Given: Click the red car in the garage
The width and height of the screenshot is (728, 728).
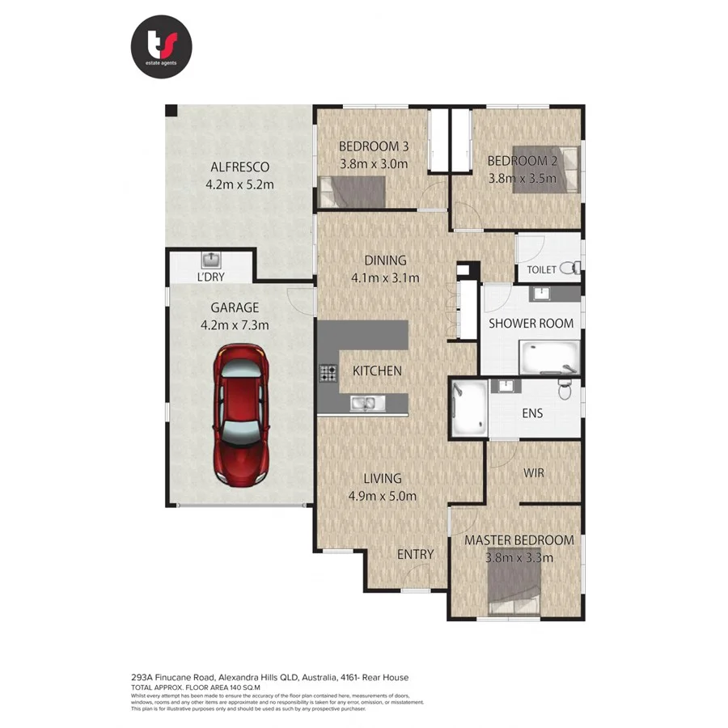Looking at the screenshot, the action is tap(240, 415).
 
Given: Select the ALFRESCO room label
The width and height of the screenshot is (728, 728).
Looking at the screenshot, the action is tap(239, 167).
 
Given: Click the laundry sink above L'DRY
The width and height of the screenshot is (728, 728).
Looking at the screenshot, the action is tap(212, 260).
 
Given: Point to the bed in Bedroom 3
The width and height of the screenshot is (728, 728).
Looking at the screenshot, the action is tap(353, 193).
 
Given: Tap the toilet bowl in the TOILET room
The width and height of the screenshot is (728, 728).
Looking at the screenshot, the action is tap(571, 267).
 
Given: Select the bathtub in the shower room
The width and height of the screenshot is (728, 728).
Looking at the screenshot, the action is tap(549, 357).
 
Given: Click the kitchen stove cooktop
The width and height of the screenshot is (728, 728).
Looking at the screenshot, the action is tap(328, 373).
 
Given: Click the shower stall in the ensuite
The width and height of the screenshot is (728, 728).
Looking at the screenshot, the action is tap(468, 408).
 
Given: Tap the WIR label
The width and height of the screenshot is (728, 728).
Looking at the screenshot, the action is tap(533, 472).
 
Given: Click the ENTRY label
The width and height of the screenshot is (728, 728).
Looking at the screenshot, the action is tap(415, 555).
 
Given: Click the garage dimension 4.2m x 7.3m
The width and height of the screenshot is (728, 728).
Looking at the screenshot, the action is tap(235, 325).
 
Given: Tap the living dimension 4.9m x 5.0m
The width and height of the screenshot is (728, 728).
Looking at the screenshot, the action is tap(382, 496).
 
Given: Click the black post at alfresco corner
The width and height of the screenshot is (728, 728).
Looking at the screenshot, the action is tap(171, 111).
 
